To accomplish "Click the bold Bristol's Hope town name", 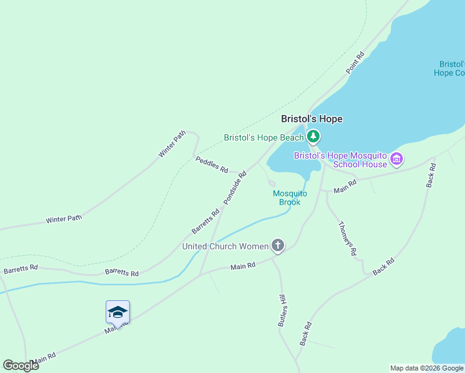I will pyautogui.click(x=311, y=119).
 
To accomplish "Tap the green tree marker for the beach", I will pyautogui.click(x=313, y=136).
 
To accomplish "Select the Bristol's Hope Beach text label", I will pyautogui.click(x=264, y=137).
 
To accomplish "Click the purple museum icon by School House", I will pyautogui.click(x=396, y=160).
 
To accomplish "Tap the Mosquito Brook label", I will pyautogui.click(x=290, y=198).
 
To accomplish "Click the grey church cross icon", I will pyautogui.click(x=278, y=246).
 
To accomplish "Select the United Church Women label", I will pyautogui.click(x=225, y=247).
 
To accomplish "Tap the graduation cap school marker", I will pyautogui.click(x=117, y=313).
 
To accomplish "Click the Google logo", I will pyautogui.click(x=21, y=366).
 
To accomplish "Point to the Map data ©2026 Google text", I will pyautogui.click(x=426, y=368).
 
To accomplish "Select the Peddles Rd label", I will pyautogui.click(x=211, y=165).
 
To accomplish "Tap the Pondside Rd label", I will pyautogui.click(x=234, y=187).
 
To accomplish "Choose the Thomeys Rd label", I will pyautogui.click(x=347, y=238).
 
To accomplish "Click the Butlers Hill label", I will pyautogui.click(x=282, y=310).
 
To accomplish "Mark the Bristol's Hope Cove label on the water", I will pyautogui.click(x=451, y=68).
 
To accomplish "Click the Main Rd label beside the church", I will pyautogui.click(x=243, y=266).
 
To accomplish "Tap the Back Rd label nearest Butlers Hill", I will pyautogui.click(x=305, y=334).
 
